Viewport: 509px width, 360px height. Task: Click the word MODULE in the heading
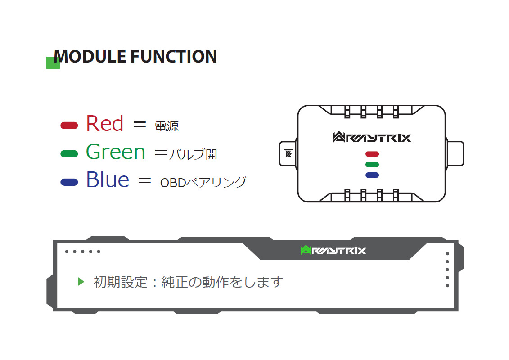coord(90,57)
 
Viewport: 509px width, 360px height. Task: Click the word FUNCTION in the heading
coord(174,57)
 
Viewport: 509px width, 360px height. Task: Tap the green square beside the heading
coord(53,63)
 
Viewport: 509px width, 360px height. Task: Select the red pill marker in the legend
coord(69,126)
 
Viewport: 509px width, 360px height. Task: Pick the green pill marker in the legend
coord(69,154)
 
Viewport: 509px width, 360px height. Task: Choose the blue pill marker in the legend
coord(69,182)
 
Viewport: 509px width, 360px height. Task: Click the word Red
coord(104,123)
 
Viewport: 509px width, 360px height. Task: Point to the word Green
coord(116,152)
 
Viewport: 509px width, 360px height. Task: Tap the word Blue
coord(108,180)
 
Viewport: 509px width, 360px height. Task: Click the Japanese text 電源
coord(167,126)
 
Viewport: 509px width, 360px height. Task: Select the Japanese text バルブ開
coord(193,154)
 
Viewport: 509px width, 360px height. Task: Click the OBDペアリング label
coord(203,182)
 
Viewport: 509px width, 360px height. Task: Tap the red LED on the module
coord(372,154)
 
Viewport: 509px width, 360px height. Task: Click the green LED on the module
coord(372,165)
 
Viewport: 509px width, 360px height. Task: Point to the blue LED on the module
coord(372,175)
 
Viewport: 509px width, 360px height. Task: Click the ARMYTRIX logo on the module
coord(372,137)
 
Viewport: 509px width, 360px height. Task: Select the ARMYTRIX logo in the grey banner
coord(333,250)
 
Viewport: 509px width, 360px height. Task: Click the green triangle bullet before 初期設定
coord(81,281)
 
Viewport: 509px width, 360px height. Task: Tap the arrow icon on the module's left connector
coord(288,154)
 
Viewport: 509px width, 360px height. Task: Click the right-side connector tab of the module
coord(455,153)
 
